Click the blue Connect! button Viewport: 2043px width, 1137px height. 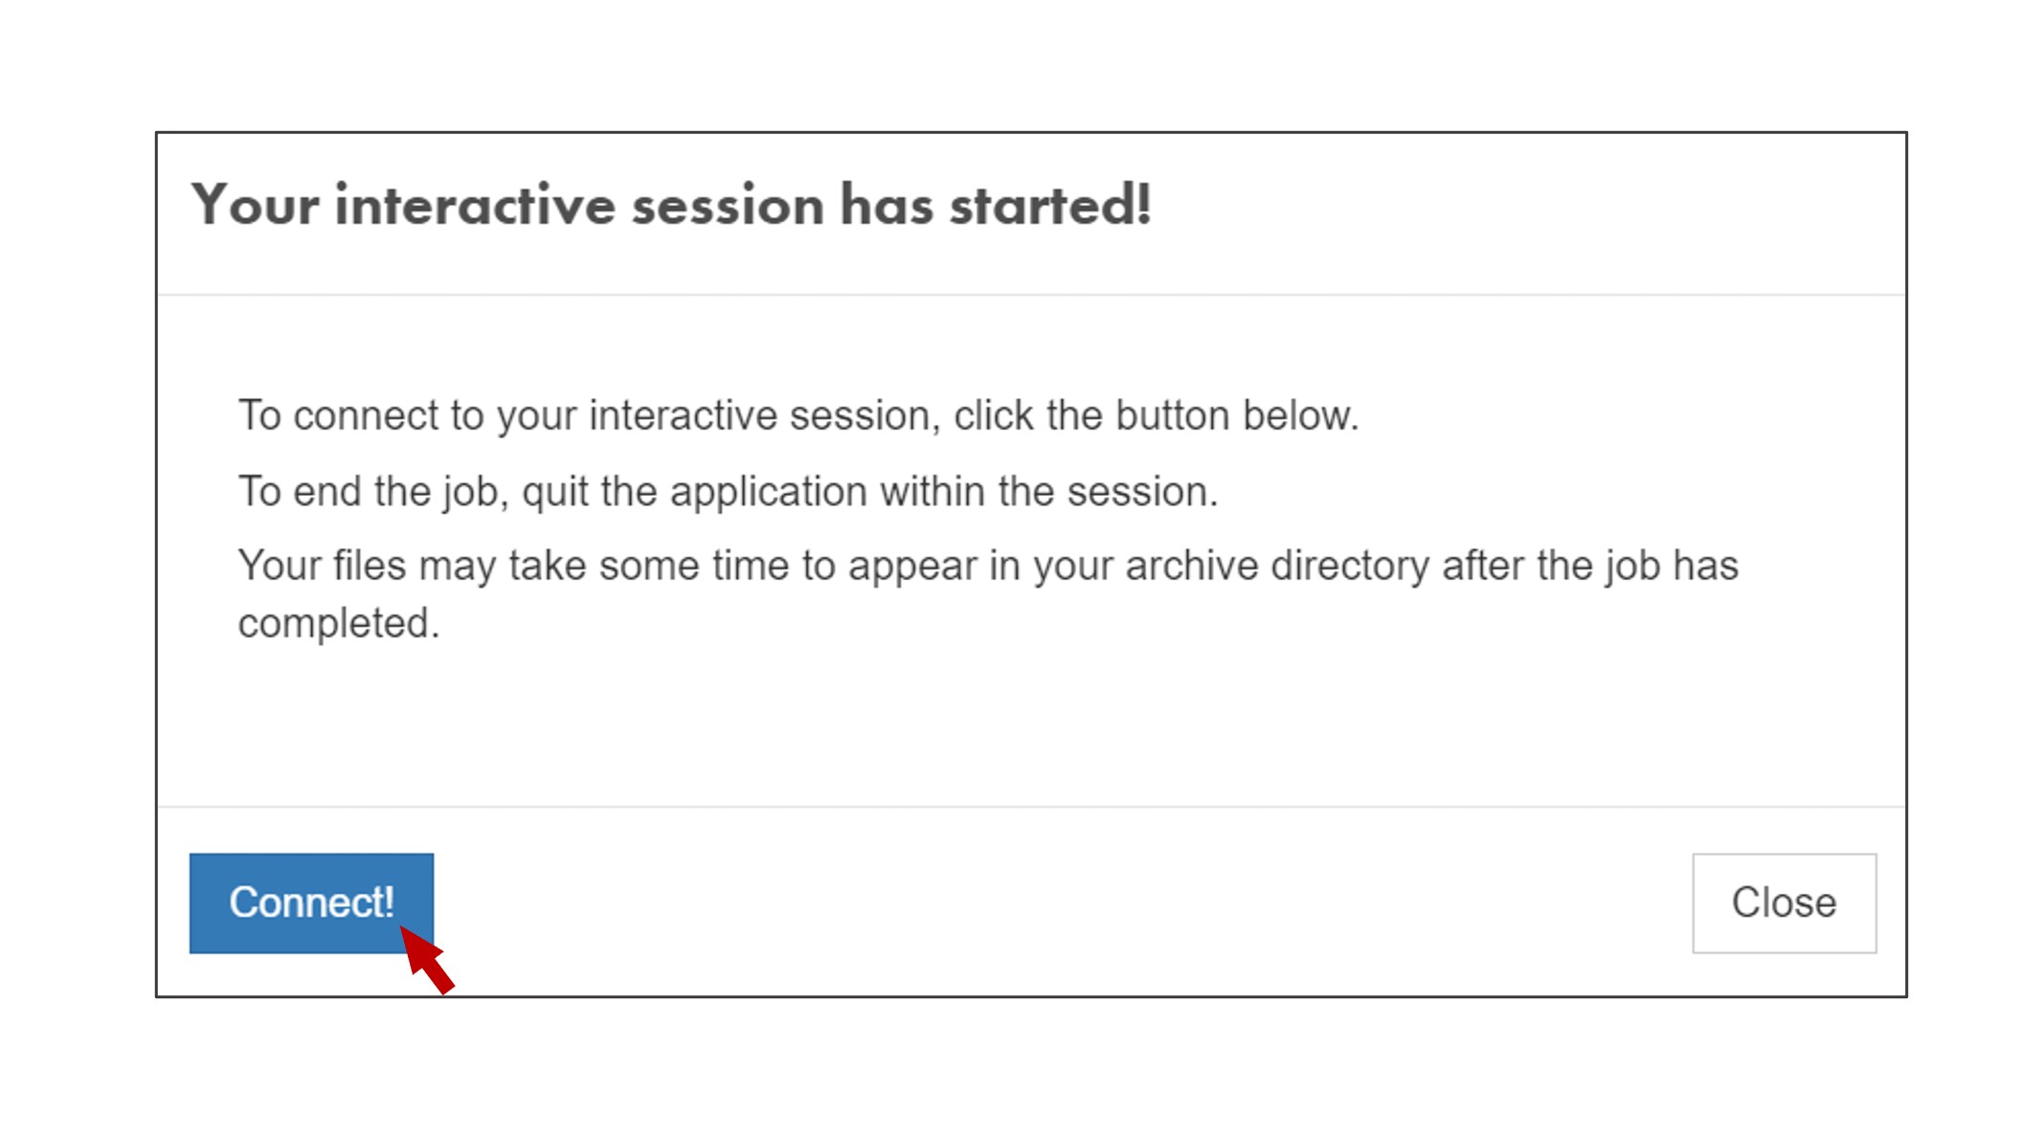[311, 903]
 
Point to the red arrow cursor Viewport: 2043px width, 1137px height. [426, 959]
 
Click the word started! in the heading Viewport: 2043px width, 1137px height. [1050, 206]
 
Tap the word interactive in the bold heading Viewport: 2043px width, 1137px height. [475, 206]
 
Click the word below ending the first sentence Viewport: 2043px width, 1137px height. [1300, 416]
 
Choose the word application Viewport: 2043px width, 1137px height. [769, 493]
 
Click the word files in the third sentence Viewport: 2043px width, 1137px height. [370, 566]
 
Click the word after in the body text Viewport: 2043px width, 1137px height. [1483, 566]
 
